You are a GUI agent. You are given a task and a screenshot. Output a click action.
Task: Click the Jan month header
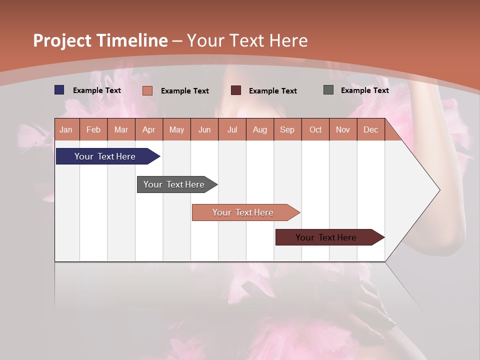pyautogui.click(x=66, y=129)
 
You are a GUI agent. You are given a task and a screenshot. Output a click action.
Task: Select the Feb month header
pyautogui.click(x=93, y=129)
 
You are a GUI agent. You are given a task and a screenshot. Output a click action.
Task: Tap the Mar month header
pyautogui.click(x=121, y=129)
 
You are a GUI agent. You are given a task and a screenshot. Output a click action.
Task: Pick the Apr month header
pyautogui.click(x=149, y=129)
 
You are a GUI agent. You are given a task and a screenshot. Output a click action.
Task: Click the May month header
pyautogui.click(x=176, y=129)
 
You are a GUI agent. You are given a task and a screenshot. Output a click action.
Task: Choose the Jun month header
pyautogui.click(x=204, y=129)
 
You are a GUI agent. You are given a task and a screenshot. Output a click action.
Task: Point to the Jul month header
pyautogui.click(x=232, y=129)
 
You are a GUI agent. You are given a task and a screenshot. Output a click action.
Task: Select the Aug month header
pyautogui.click(x=260, y=129)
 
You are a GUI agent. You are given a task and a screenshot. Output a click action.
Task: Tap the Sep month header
pyautogui.click(x=287, y=129)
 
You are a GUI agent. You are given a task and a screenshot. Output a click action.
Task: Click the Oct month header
pyautogui.click(x=315, y=129)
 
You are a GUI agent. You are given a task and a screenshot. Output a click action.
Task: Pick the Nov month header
pyautogui.click(x=343, y=129)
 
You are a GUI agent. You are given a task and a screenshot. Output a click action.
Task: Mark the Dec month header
pyautogui.click(x=371, y=129)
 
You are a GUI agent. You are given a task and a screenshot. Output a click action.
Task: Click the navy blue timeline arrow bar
pyautogui.click(x=105, y=156)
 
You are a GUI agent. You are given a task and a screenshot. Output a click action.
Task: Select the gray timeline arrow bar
pyautogui.click(x=174, y=184)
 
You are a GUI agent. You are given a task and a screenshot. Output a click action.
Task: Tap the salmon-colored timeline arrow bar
pyautogui.click(x=243, y=212)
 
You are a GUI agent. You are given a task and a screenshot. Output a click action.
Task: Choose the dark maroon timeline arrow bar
pyautogui.click(x=326, y=237)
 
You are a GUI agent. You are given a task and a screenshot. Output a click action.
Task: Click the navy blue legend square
pyautogui.click(x=59, y=90)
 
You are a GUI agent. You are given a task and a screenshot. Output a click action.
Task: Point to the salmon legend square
pyautogui.click(x=147, y=90)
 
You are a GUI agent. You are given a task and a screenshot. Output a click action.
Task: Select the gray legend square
pyautogui.click(x=328, y=90)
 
